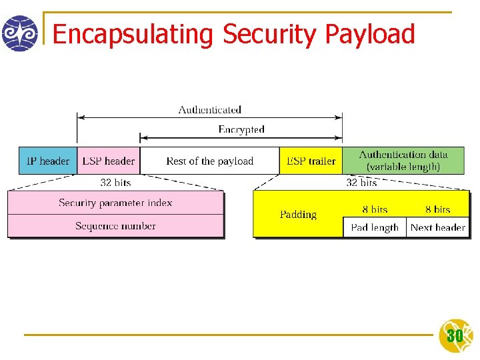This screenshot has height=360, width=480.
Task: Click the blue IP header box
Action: (47, 161)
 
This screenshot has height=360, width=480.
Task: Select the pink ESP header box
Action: (108, 161)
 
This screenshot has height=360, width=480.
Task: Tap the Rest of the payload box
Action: (209, 161)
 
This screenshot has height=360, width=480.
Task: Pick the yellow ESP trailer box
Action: (311, 161)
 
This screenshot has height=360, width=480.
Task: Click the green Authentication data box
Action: (403, 161)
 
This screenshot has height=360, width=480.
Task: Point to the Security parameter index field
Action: (115, 203)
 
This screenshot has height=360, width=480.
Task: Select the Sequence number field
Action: (115, 226)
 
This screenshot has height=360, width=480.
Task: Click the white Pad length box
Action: (375, 227)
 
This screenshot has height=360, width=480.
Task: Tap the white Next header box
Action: (437, 227)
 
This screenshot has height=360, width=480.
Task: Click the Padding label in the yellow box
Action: (298, 215)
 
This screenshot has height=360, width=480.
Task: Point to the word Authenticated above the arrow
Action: (209, 109)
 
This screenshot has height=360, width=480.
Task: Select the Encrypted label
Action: (241, 129)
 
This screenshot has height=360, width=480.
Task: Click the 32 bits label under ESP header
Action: (115, 182)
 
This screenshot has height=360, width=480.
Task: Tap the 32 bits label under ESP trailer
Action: (361, 182)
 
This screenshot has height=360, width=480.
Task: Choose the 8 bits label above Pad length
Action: (375, 209)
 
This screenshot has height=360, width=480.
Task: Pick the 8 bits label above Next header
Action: (437, 209)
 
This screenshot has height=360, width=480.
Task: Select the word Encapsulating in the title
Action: (132, 34)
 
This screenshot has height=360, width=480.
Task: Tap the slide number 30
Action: (455, 335)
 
